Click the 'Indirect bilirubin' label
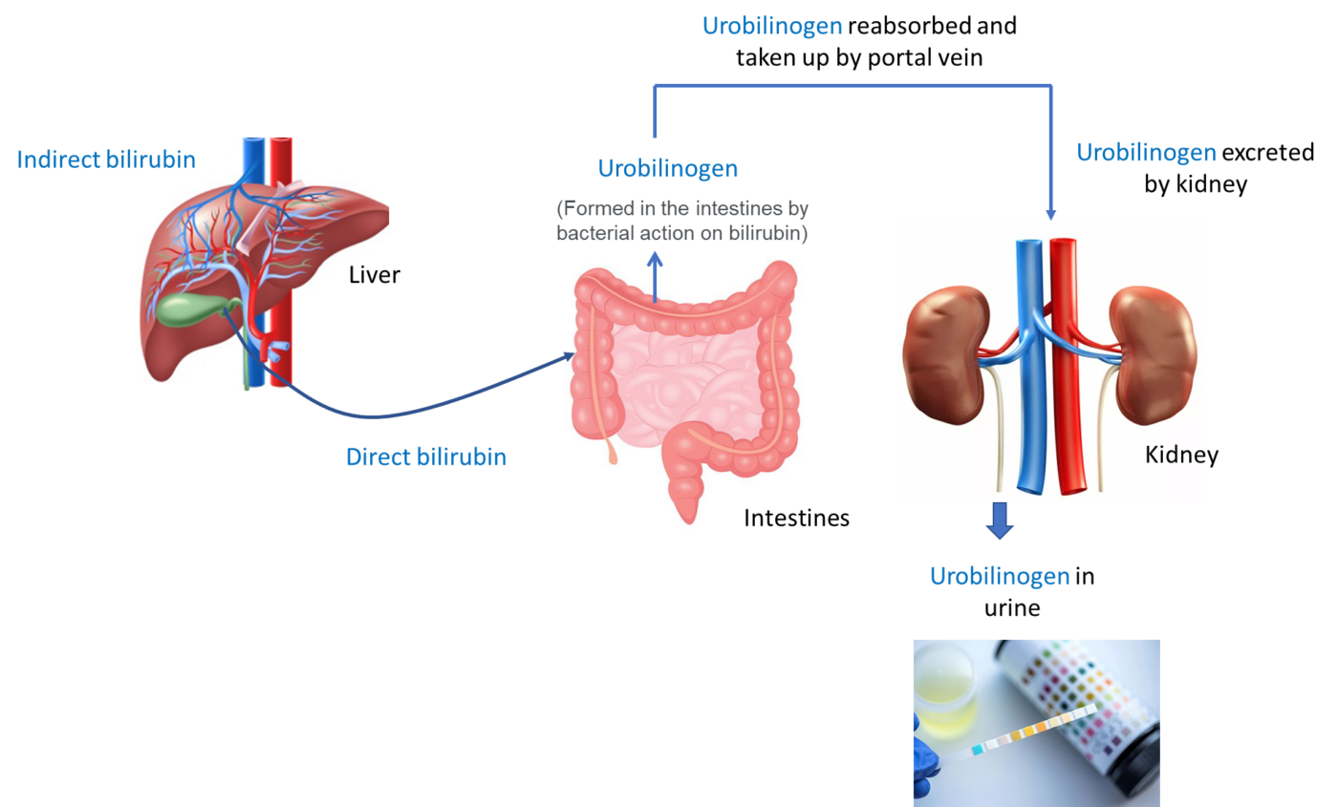pos(106,159)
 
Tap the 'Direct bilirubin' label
pos(426,457)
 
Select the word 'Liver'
pos(375,275)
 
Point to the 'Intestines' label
pos(796,518)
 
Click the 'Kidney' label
pos(1181,455)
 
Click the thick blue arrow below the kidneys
pos(1000,520)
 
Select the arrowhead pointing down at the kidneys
pos(1050,214)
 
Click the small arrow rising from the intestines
pos(656,277)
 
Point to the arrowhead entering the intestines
pos(569,356)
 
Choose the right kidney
pos(1152,355)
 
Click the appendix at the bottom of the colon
pos(612,452)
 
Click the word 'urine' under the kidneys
pos(1012,608)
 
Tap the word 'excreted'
pos(1267,152)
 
